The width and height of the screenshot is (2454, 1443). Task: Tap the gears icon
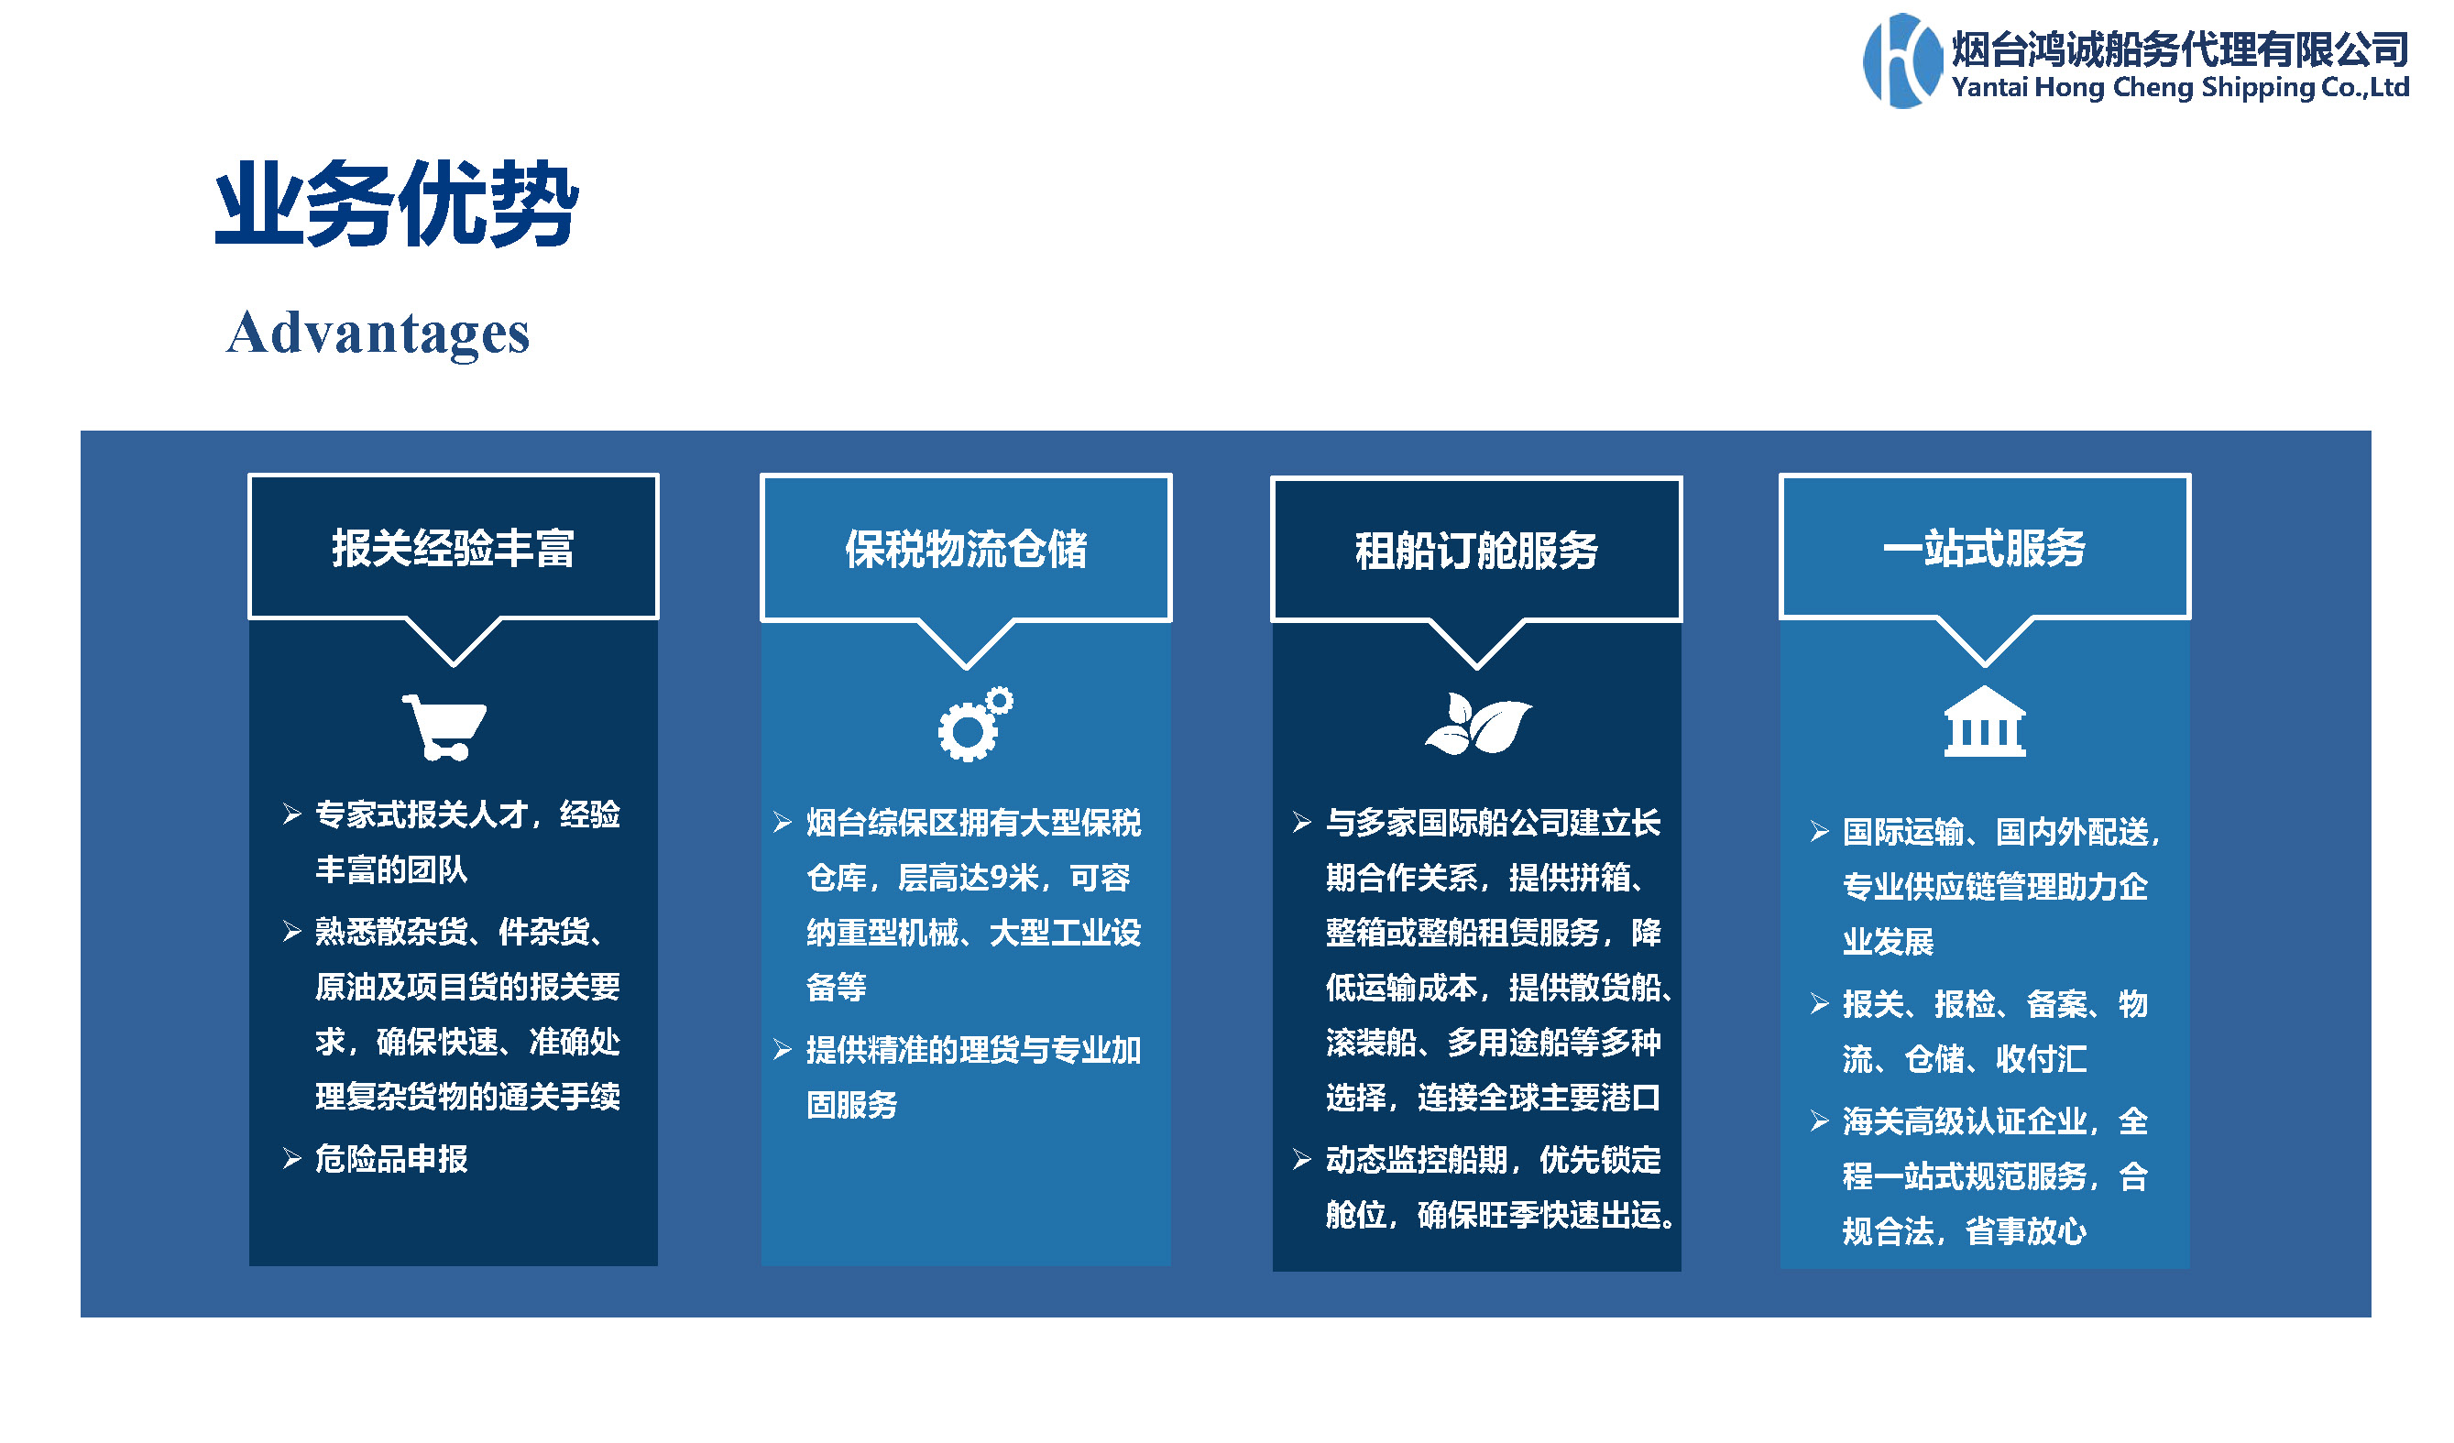(975, 725)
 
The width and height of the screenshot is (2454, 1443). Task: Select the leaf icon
(1478, 724)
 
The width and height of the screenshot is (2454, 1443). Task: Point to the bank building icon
(1985, 722)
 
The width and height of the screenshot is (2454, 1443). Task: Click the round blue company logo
(1901, 60)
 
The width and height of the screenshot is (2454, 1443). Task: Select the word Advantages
(378, 333)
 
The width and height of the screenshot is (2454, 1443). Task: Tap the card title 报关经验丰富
(453, 548)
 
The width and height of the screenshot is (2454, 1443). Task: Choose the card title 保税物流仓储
(966, 549)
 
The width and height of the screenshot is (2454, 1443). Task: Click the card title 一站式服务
(1985, 548)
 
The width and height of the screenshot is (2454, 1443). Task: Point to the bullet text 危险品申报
(391, 1159)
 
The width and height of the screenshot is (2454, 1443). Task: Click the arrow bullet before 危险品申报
(292, 1159)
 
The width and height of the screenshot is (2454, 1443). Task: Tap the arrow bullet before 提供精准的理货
(783, 1050)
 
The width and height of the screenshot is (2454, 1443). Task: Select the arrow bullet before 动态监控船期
(1302, 1160)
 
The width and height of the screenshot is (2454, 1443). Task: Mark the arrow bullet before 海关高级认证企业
(1819, 1121)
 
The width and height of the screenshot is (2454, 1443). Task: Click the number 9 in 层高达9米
(998, 879)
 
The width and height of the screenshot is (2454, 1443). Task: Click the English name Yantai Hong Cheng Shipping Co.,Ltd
(2180, 88)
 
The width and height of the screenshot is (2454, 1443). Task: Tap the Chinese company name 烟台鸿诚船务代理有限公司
(2180, 49)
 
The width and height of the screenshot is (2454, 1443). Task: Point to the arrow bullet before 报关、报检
(1819, 1004)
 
